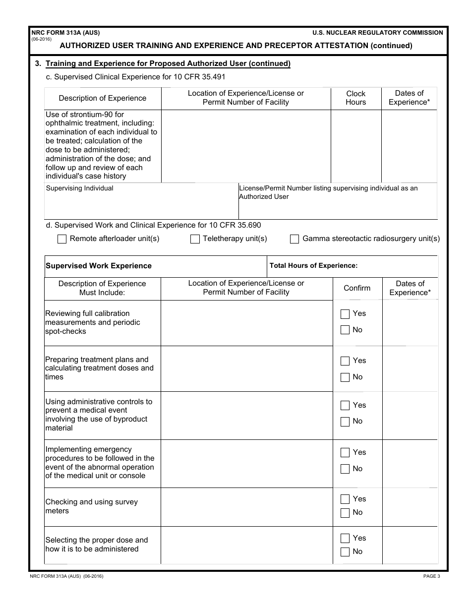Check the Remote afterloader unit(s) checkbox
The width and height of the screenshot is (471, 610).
62,239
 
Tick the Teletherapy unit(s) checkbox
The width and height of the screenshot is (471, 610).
195,239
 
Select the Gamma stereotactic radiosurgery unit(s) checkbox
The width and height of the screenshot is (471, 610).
294,239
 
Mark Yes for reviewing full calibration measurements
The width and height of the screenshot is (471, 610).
345,314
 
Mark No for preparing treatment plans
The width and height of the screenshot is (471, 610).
345,377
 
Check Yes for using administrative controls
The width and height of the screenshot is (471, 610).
345,406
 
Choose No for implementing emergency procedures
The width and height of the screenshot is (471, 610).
345,469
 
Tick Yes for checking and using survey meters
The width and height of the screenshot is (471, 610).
345,499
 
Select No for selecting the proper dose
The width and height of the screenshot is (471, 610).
345,552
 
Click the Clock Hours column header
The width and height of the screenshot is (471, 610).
355,98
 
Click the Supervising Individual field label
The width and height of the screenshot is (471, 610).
79,188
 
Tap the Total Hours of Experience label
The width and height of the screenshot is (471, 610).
313,266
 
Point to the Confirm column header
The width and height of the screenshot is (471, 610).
357,288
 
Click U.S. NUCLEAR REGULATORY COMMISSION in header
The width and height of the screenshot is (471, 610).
378,33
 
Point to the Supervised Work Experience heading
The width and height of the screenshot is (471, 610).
99,266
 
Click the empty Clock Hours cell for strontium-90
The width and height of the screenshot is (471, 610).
355,146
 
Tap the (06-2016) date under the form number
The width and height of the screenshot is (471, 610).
41,39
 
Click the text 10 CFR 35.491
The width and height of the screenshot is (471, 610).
200,77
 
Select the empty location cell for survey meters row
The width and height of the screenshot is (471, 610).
246,507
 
